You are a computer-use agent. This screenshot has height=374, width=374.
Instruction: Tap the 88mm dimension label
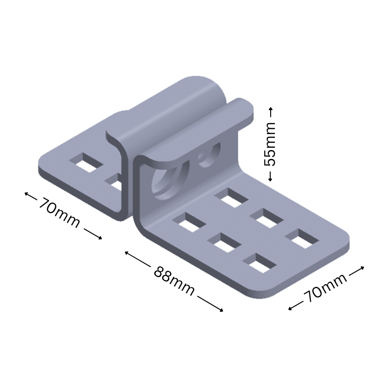[173, 280]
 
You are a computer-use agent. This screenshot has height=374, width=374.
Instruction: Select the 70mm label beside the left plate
[59, 213]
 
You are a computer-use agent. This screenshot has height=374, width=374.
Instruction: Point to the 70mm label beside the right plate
[326, 288]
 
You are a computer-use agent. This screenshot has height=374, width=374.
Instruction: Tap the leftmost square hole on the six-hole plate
[189, 222]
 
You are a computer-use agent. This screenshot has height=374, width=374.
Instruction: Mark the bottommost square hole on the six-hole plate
[259, 262]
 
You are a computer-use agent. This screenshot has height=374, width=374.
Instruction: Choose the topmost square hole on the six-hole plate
[231, 197]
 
